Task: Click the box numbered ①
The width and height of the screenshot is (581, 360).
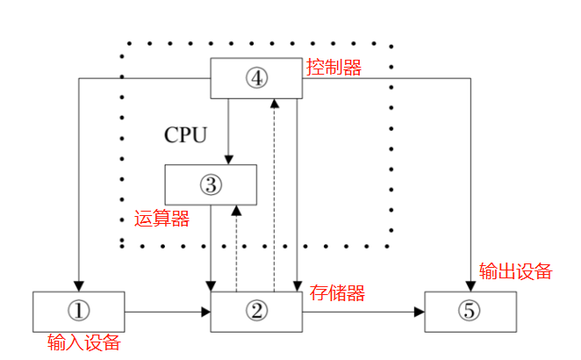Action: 78,312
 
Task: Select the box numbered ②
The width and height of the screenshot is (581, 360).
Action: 256,312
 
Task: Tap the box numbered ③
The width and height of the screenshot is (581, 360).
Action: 211,184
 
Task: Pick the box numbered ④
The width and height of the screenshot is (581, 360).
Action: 256,78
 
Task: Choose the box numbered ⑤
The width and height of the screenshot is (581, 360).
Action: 470,312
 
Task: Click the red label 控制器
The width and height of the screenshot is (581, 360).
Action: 334,68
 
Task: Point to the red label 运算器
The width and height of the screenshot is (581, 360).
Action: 161,220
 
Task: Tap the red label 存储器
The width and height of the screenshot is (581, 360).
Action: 338,292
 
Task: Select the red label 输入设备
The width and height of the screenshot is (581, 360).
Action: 83,343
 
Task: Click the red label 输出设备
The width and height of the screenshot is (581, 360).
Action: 516,271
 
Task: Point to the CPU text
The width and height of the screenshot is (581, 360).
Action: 186,135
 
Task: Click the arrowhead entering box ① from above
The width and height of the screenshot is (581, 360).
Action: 79,285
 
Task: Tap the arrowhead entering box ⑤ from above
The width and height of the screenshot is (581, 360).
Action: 470,285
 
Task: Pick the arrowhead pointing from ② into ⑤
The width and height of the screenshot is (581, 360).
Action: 420,312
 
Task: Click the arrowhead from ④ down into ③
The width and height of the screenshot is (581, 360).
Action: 228,159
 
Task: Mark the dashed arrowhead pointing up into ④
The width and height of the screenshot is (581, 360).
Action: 276,104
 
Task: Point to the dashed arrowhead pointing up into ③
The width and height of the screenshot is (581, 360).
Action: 236,211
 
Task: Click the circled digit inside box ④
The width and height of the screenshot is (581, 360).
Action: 256,78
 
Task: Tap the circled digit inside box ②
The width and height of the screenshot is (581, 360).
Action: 256,311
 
